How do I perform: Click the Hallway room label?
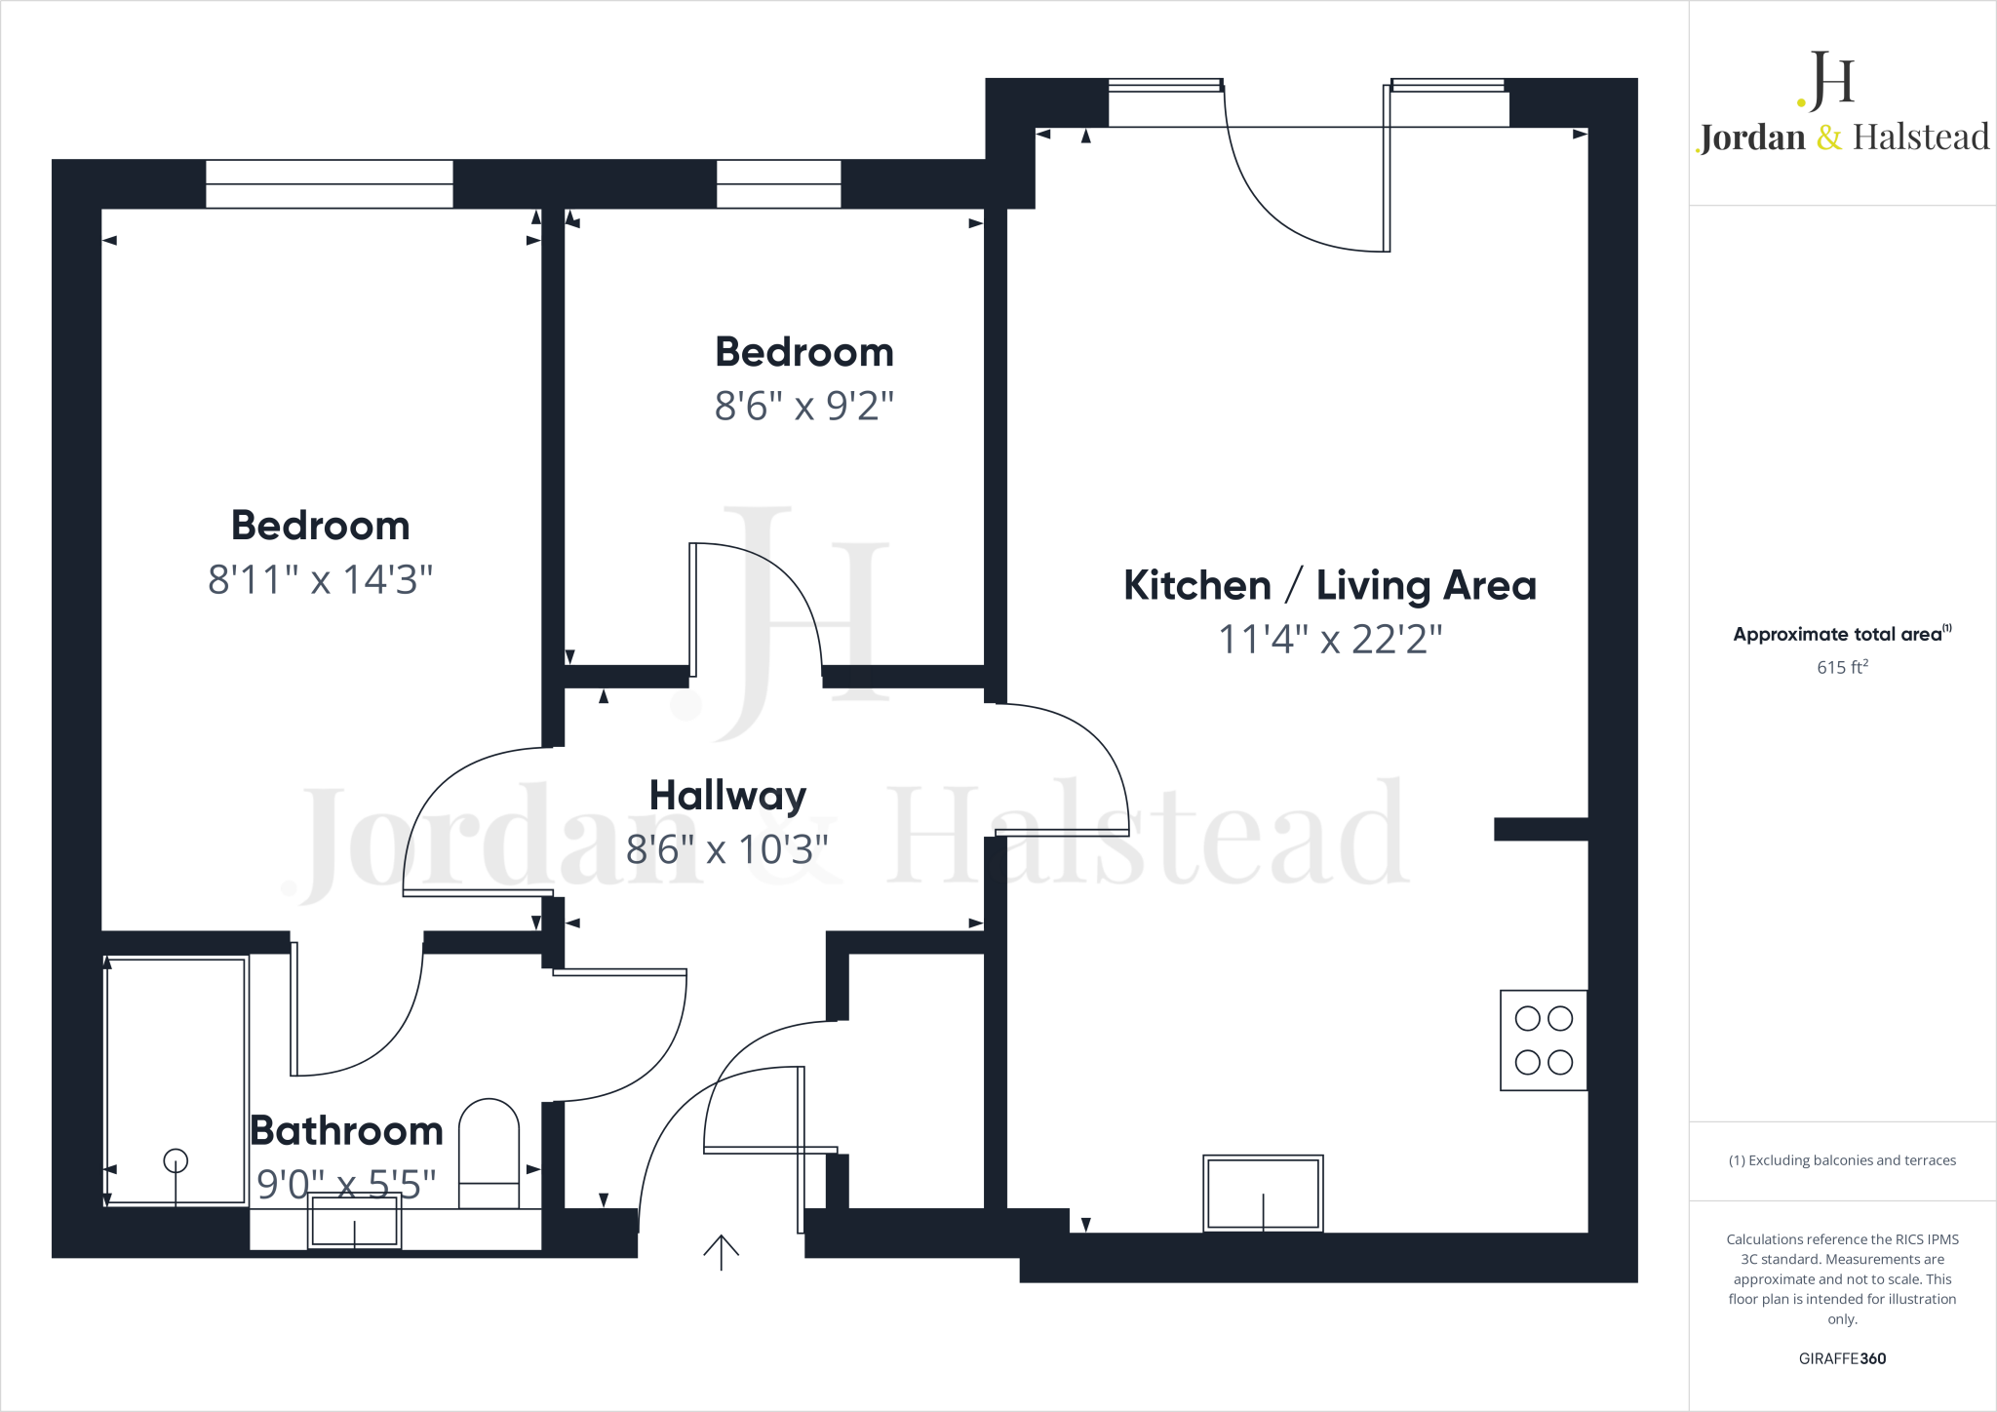pos(727,796)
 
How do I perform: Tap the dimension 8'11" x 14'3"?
pos(320,579)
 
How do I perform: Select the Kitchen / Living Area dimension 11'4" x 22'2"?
pos(1330,640)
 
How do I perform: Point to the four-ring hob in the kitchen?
pos(1544,1040)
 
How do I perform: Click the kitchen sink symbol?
pos(1263,1194)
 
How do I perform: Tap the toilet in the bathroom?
pos(489,1153)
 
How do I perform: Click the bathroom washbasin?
pos(354,1221)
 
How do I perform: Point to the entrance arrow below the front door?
pos(721,1252)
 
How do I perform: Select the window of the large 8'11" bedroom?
pos(330,184)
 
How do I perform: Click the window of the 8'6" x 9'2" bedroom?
pos(778,184)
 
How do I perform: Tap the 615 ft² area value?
pos(1842,667)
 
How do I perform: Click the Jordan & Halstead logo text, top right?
pos(1843,137)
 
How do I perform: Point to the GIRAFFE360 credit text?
pos(1842,1358)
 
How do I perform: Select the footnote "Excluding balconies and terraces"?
pos(1842,1160)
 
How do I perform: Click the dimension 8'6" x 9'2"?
pos(803,406)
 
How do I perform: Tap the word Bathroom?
pos(346,1131)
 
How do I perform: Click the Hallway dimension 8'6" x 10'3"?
pos(726,850)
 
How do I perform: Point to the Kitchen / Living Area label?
pos(1330,586)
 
